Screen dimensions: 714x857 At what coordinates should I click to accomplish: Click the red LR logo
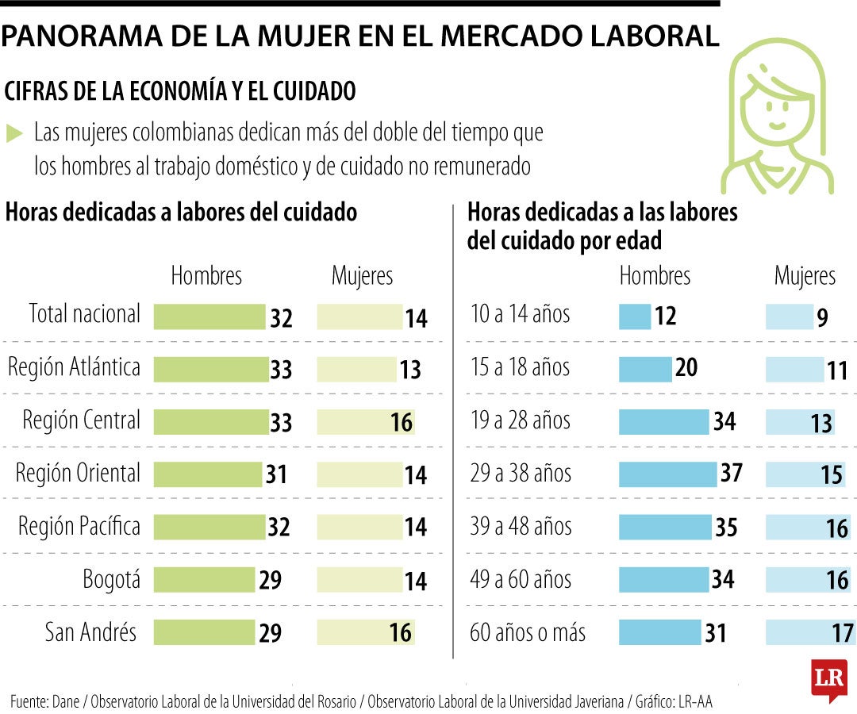click(829, 679)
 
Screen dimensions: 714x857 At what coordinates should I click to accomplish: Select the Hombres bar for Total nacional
click(209, 317)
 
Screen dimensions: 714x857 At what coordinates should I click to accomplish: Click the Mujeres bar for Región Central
click(365, 422)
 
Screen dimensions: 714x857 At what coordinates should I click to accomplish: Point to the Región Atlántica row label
click(74, 367)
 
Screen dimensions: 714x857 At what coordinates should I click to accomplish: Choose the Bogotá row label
click(111, 579)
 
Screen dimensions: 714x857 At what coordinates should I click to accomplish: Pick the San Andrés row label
click(90, 632)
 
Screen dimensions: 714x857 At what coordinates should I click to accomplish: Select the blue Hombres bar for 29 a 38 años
click(667, 474)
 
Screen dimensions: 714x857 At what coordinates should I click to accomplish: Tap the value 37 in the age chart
click(731, 473)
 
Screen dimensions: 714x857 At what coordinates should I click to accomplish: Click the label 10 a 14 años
click(520, 314)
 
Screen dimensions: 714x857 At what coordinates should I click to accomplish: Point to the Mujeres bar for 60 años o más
click(809, 632)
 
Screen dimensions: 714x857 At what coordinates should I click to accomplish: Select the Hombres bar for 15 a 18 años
click(645, 369)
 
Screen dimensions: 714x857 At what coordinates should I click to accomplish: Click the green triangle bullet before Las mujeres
click(13, 133)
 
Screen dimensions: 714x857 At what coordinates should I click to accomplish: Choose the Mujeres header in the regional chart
click(362, 276)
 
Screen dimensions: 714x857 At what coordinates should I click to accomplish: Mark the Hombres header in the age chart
click(655, 276)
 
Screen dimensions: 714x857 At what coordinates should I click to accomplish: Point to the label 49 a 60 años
click(521, 579)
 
